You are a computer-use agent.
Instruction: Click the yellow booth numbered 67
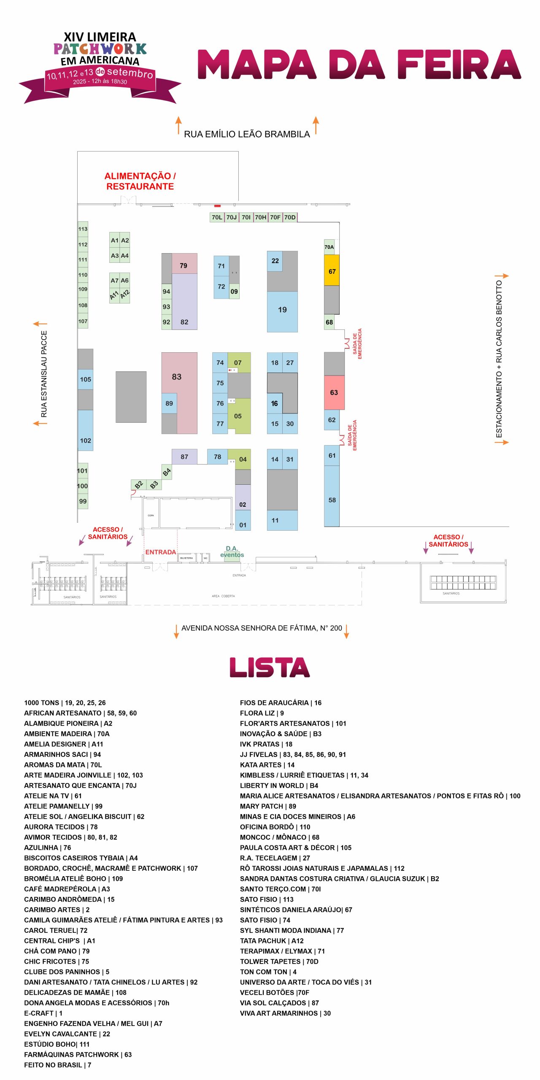pyautogui.click(x=332, y=270)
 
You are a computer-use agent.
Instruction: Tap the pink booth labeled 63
pyautogui.click(x=334, y=392)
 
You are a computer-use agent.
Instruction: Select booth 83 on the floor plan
pyautogui.click(x=177, y=376)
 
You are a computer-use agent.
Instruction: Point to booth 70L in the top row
pyautogui.click(x=217, y=217)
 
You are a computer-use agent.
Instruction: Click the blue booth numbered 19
pyautogui.click(x=282, y=310)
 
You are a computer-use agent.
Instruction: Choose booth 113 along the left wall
pyautogui.click(x=83, y=229)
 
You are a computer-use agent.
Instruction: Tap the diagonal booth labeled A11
pyautogui.click(x=114, y=295)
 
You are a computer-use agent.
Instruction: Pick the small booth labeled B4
pyautogui.click(x=167, y=472)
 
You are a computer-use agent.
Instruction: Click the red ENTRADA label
pyautogui.click(x=160, y=552)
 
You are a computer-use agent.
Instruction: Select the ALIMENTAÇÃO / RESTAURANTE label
pyautogui.click(x=140, y=181)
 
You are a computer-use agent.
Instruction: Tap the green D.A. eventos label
pyautogui.click(x=232, y=552)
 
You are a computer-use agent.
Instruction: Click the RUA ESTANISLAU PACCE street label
pyautogui.click(x=44, y=374)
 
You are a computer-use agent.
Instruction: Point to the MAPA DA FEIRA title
pyautogui.click(x=359, y=65)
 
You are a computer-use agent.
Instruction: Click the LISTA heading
pyautogui.click(x=270, y=667)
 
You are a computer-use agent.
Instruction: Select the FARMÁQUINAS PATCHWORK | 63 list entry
pyautogui.click(x=78, y=1054)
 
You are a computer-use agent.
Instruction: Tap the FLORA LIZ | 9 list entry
pyautogui.click(x=262, y=713)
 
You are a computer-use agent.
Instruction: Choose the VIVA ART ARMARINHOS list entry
pyautogui.click(x=285, y=1013)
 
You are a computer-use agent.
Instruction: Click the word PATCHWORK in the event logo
pyautogui.click(x=100, y=49)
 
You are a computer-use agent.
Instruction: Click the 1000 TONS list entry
pyautogui.click(x=65, y=702)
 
